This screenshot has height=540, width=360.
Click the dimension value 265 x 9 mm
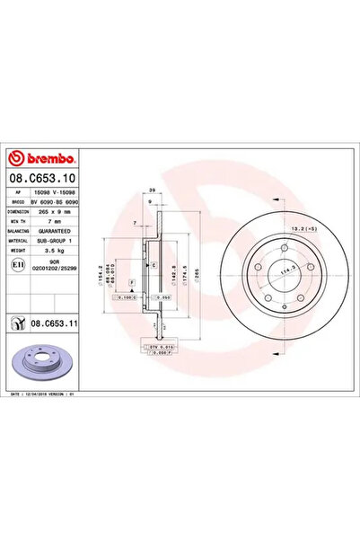coord(57,212)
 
